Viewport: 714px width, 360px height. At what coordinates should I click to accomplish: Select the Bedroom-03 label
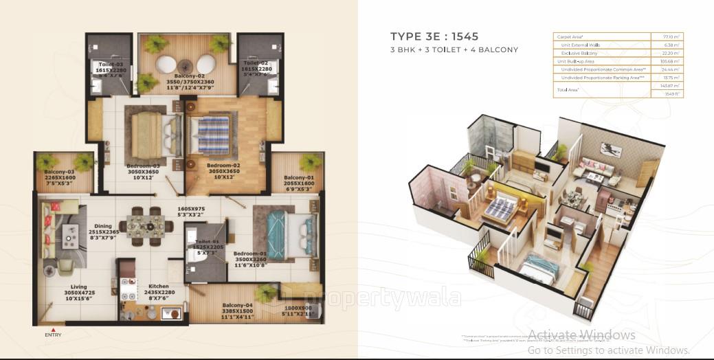pos(144,166)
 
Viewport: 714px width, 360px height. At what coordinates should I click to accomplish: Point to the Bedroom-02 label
pos(225,166)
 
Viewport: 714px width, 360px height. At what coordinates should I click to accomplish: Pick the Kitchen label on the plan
pos(158,286)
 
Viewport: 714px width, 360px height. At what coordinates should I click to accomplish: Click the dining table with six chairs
pos(146,225)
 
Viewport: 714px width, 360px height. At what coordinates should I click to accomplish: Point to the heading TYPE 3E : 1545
pos(434,37)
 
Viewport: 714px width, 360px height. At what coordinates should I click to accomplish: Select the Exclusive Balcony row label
pos(579,53)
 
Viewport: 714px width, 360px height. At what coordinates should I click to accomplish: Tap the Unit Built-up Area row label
pos(575,61)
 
